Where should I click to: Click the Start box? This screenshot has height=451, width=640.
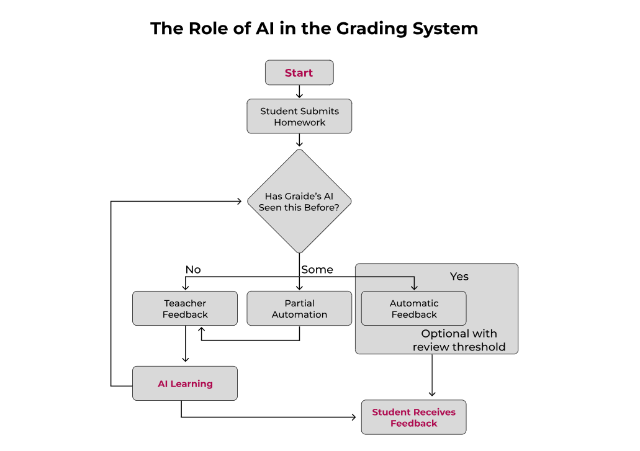pyautogui.click(x=299, y=73)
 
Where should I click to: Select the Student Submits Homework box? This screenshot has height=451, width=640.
pyautogui.click(x=299, y=117)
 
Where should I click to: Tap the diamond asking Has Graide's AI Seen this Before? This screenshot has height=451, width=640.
pyautogui.click(x=299, y=202)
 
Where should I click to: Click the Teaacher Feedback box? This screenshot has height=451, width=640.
pyautogui.click(x=185, y=308)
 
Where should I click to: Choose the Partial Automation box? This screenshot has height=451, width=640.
pyautogui.click(x=299, y=308)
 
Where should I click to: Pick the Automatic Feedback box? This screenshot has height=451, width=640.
pyautogui.click(x=413, y=308)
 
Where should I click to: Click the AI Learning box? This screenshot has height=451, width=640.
pyautogui.click(x=185, y=383)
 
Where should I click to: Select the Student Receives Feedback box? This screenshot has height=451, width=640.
pyautogui.click(x=413, y=418)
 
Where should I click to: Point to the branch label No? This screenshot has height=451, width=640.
pyautogui.click(x=193, y=270)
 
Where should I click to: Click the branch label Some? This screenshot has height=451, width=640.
pyautogui.click(x=317, y=270)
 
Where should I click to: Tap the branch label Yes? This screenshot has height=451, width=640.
pyautogui.click(x=459, y=277)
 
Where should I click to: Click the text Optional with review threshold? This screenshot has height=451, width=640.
pyautogui.click(x=459, y=341)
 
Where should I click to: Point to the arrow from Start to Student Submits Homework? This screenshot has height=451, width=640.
pyautogui.click(x=299, y=92)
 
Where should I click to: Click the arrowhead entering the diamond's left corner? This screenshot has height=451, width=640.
pyautogui.click(x=241, y=202)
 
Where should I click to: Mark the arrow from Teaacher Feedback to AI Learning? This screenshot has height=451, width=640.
pyautogui.click(x=185, y=345)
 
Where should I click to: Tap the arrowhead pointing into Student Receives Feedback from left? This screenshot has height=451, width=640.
pyautogui.click(x=356, y=418)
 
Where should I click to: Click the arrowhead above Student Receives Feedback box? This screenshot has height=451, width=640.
pyautogui.click(x=432, y=393)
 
